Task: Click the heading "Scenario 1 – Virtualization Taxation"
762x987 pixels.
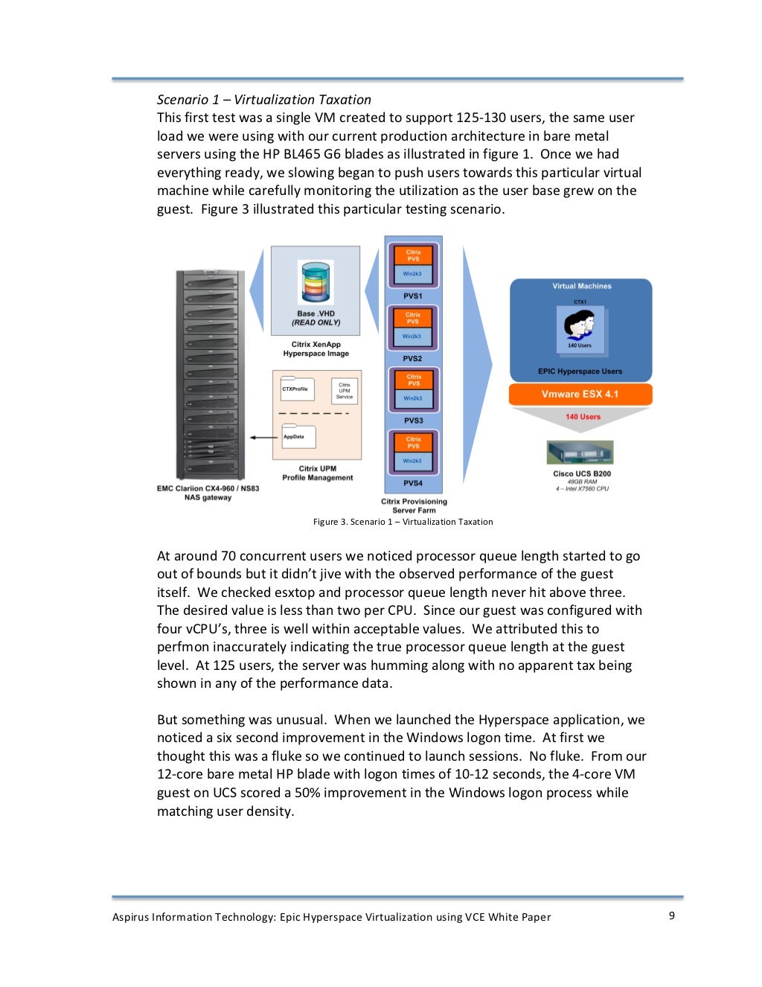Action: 263,100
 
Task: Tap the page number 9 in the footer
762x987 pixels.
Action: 671,916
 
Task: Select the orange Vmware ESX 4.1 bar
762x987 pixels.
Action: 580,395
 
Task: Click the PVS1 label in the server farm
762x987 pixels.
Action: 413,296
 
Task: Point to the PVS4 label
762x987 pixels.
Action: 413,483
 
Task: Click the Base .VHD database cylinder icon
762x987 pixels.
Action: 316,283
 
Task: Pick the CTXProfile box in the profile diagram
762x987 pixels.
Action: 296,389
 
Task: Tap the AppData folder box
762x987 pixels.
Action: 298,437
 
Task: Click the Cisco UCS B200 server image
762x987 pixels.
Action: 580,453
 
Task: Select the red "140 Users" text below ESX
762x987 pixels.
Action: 583,417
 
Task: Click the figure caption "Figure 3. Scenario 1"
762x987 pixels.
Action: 403,522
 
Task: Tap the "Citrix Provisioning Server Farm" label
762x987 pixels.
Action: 414,506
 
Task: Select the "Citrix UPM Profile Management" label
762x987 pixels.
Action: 318,473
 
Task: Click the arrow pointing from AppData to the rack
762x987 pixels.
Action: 263,438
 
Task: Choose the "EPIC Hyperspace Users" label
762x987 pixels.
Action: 580,371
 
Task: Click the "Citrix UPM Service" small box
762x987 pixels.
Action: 345,391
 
